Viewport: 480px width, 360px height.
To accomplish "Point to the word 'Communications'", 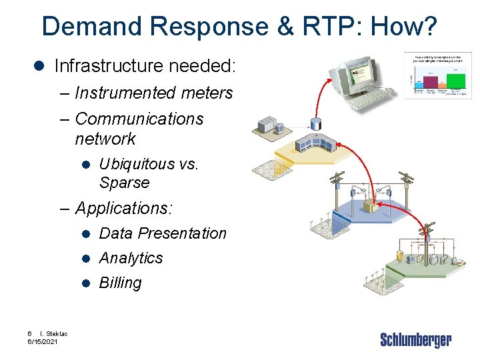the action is (139, 119).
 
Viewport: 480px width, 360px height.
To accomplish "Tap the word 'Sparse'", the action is (125, 182).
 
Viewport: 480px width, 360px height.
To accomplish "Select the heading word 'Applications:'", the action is (125, 208).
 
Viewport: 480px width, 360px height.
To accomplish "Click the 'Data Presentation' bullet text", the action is (163, 233).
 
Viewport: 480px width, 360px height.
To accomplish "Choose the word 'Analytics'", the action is (131, 258).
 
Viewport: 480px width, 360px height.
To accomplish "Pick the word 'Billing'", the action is (121, 283).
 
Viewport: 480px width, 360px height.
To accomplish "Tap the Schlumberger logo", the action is (415, 340).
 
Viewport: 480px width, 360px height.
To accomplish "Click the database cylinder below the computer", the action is (315, 124).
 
